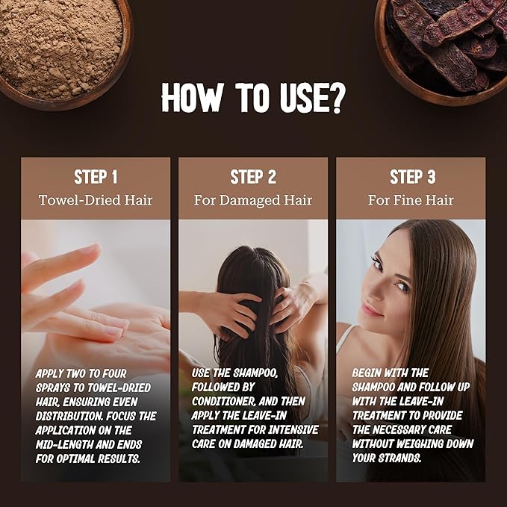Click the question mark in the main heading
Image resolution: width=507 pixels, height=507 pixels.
(x=337, y=98)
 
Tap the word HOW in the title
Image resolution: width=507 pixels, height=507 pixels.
(x=192, y=98)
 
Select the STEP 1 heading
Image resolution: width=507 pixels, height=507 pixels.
(x=96, y=177)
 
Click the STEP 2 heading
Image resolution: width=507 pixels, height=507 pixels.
(x=253, y=177)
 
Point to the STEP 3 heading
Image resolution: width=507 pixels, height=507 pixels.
(x=412, y=177)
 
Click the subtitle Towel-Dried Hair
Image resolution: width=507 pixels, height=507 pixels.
(x=96, y=200)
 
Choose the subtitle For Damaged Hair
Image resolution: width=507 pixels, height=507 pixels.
(x=253, y=200)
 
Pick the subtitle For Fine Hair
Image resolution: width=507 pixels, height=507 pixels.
(x=411, y=200)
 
